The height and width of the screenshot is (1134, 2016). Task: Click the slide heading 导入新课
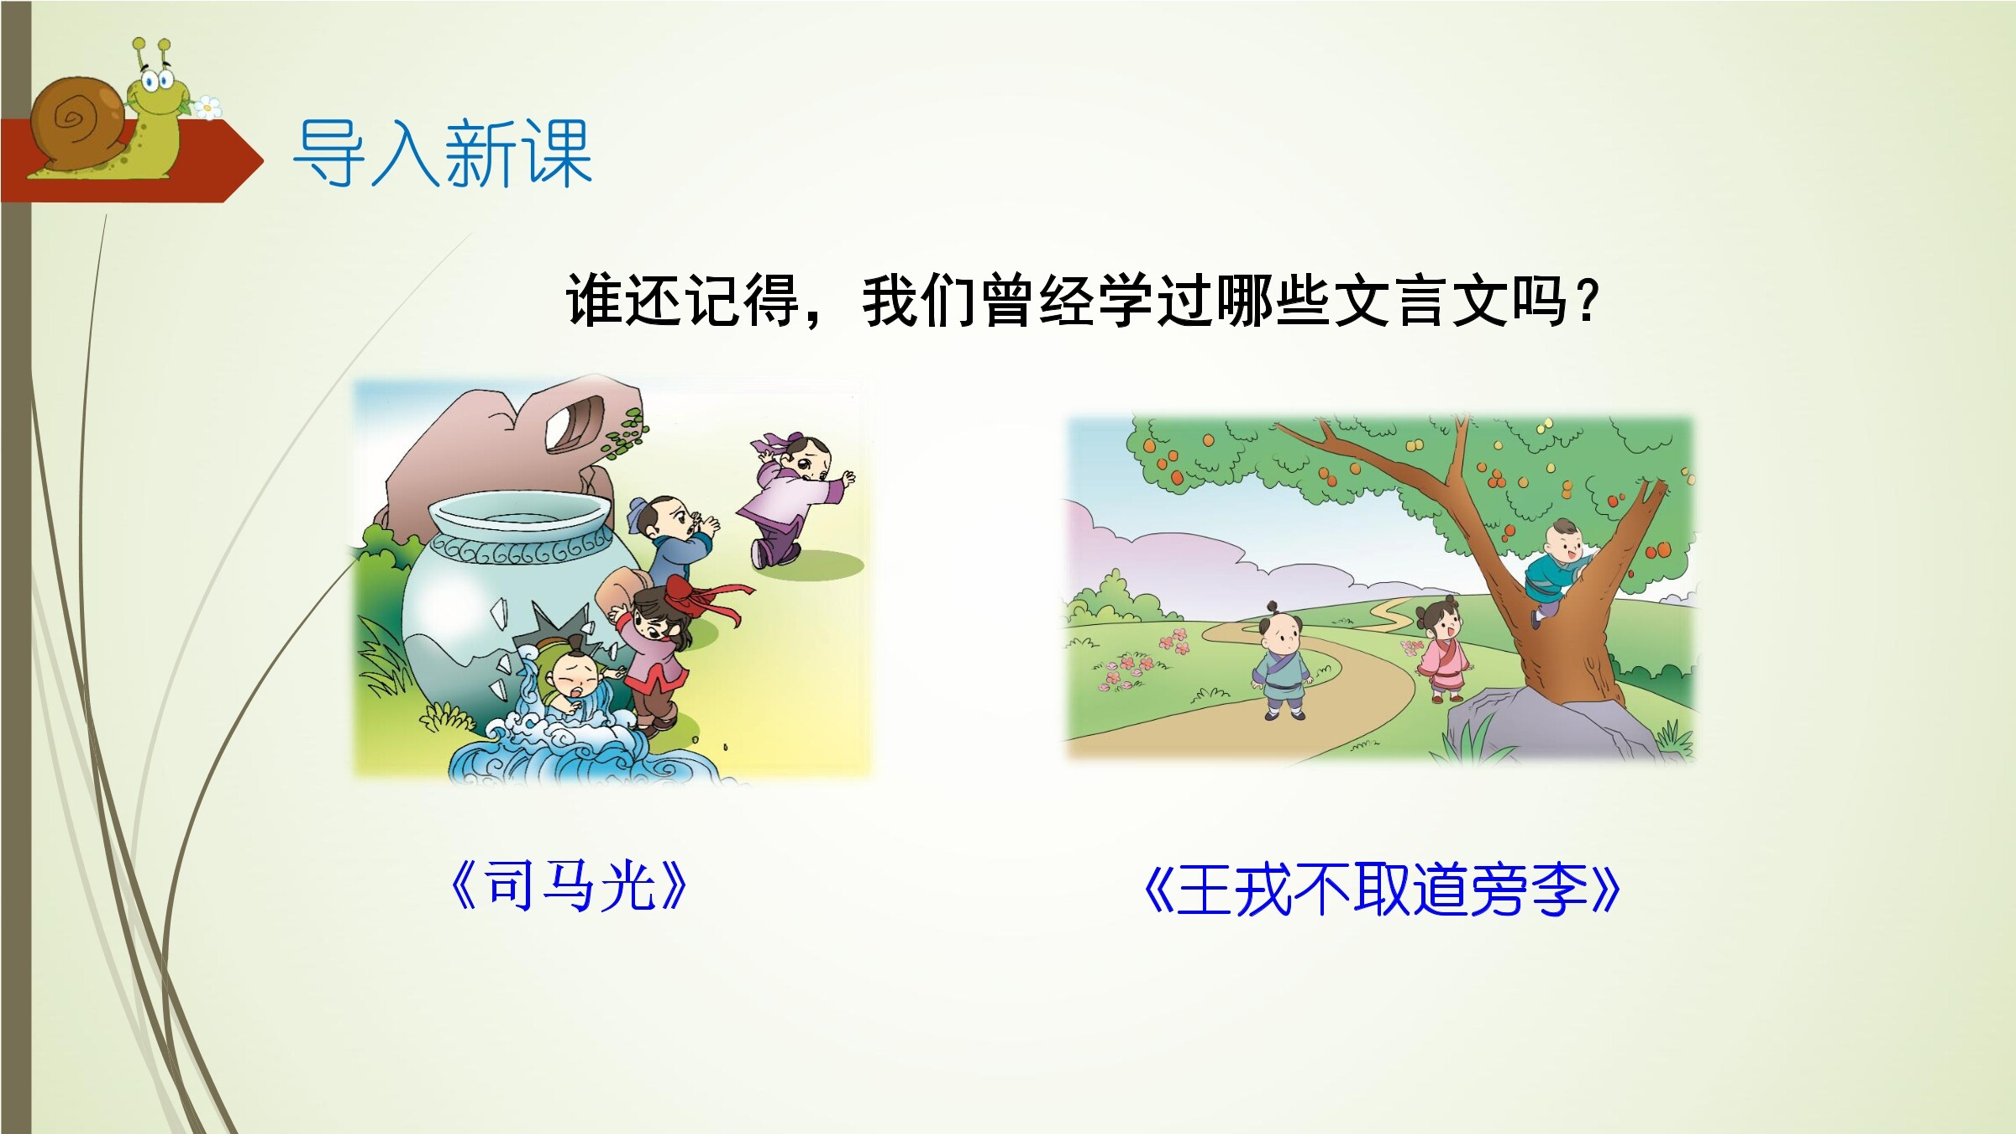click(x=442, y=153)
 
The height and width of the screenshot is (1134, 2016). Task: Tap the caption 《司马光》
click(x=569, y=887)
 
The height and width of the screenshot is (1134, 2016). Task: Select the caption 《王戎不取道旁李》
click(x=1382, y=890)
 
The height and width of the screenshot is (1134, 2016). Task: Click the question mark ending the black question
click(x=1586, y=301)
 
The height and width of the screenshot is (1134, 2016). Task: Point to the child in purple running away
click(x=793, y=499)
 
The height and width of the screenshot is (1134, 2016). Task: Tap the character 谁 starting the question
click(x=594, y=301)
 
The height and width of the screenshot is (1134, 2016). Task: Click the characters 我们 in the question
click(x=919, y=301)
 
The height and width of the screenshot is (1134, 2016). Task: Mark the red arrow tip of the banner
click(x=262, y=160)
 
